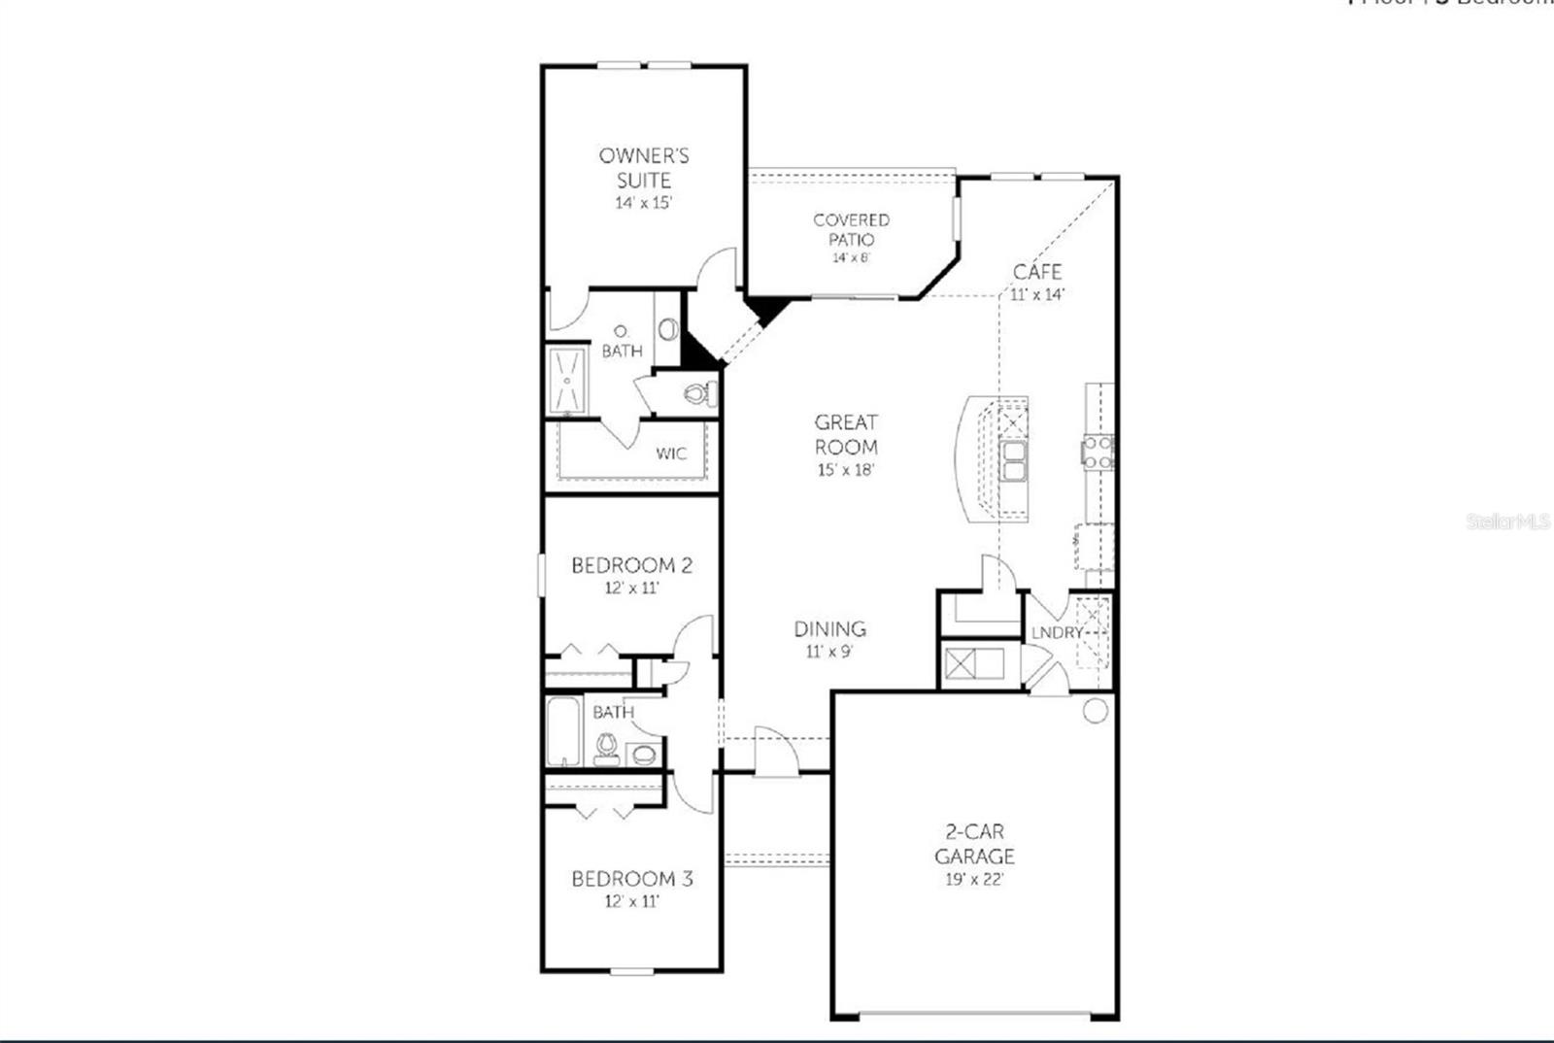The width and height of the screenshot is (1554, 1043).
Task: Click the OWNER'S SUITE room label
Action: [x=644, y=167]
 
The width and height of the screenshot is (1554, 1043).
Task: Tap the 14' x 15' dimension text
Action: [x=644, y=203]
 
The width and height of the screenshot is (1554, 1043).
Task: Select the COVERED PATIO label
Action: [x=851, y=229]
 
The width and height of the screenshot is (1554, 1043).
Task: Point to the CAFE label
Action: [x=1037, y=271]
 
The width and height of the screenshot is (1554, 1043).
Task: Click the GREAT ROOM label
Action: [x=846, y=434]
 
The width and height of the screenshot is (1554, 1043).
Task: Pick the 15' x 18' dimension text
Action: [x=846, y=470]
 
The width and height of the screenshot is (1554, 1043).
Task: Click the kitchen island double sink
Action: [x=1014, y=462]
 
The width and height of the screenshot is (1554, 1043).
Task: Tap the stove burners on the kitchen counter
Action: [x=1098, y=453]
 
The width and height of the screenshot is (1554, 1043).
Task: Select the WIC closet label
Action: [x=670, y=454]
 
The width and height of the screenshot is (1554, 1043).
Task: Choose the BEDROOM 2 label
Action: [x=631, y=565]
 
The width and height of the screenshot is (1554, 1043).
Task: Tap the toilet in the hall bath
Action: [x=607, y=748]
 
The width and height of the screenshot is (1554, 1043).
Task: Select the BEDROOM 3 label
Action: [x=631, y=879]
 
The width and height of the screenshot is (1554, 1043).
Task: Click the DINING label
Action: [x=829, y=628]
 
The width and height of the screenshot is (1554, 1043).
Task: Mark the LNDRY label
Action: [x=1057, y=632]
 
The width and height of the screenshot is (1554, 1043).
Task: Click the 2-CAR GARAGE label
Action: [x=974, y=844]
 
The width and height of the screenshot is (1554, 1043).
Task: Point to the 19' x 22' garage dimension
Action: [x=974, y=880]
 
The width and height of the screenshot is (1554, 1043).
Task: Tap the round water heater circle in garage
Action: [x=1095, y=711]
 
